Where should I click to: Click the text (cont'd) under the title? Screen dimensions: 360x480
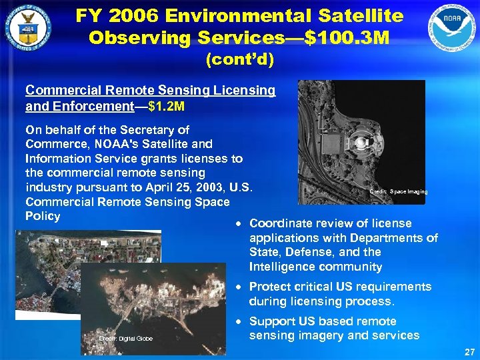pos(240,60)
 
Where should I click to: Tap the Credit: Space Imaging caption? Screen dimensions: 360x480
pos(399,192)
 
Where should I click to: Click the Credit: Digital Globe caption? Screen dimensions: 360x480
pos(126,339)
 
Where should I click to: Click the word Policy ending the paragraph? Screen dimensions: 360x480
pos(43,216)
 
